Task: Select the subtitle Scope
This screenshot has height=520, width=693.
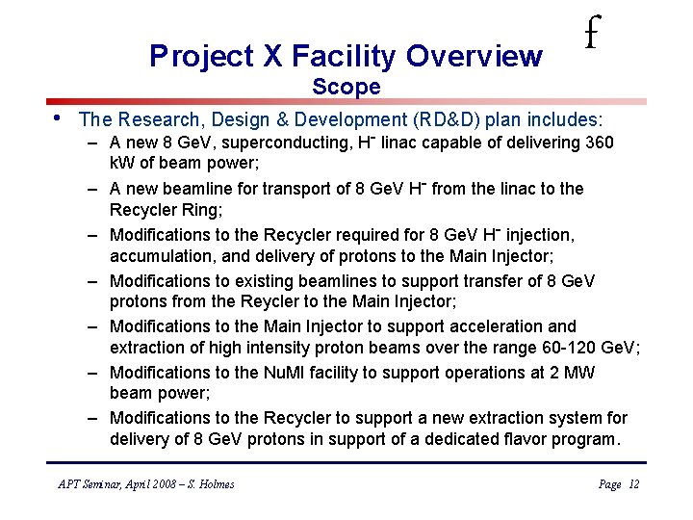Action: [x=346, y=88]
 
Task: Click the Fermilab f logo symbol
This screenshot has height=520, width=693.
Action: [x=591, y=36]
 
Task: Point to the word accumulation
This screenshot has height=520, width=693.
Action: [x=159, y=255]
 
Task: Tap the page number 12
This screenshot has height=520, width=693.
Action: [x=633, y=484]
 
